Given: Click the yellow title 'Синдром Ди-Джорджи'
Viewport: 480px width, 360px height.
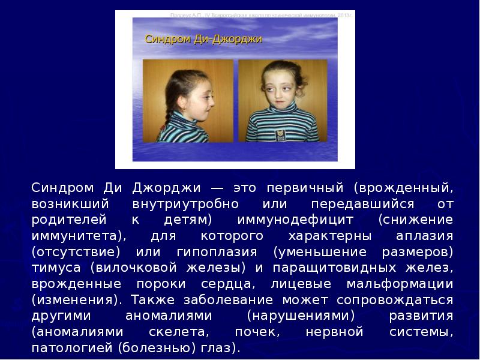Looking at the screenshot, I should point(204,40).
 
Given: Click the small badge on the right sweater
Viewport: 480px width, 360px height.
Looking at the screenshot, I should point(280,134).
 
